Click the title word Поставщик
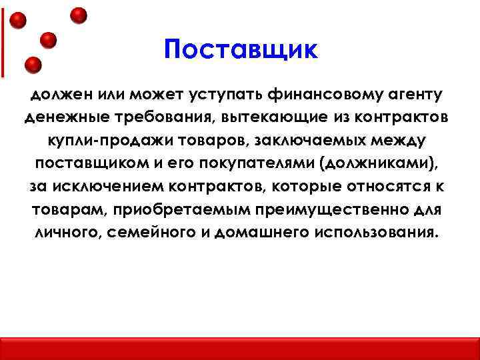coord(241,50)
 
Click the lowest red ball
coord(33,65)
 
